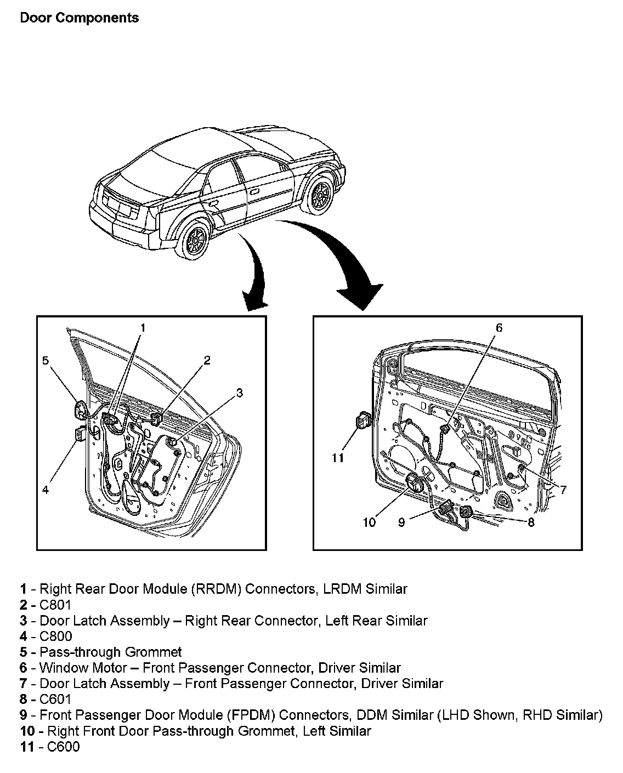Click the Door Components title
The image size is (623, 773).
click(x=79, y=18)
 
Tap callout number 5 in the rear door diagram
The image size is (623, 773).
click(x=46, y=360)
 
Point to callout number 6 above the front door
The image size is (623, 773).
click(x=499, y=328)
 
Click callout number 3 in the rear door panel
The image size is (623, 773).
click(x=239, y=393)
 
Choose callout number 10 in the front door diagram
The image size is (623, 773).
click(x=369, y=522)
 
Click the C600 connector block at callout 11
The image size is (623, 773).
click(x=363, y=421)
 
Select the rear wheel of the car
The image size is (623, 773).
click(x=195, y=240)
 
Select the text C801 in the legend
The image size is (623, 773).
click(x=55, y=605)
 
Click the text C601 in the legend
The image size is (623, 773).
click(x=55, y=699)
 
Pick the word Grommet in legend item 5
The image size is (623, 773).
click(x=154, y=652)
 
